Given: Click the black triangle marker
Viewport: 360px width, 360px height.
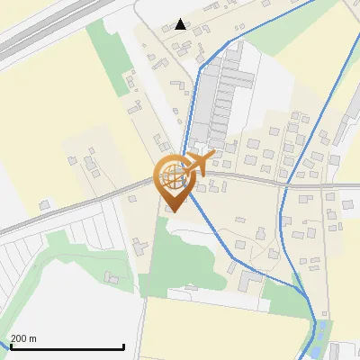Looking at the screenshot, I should (x=181, y=24).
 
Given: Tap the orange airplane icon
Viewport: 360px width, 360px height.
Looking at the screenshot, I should (x=199, y=163).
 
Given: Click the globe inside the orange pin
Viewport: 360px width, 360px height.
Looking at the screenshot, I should (x=171, y=176).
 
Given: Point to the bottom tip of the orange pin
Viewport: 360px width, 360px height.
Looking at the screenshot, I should (x=172, y=212).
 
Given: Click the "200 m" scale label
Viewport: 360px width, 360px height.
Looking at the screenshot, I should (x=23, y=338).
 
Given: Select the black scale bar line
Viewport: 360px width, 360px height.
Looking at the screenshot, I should (x=67, y=347).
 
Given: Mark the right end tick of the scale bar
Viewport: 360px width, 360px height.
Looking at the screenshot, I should (x=123, y=346).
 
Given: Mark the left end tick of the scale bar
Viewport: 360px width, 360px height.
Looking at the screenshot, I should (x=9, y=346).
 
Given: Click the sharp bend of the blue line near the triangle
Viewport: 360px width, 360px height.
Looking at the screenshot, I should (x=198, y=72).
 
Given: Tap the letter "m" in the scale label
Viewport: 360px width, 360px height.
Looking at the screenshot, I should (x=32, y=338).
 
